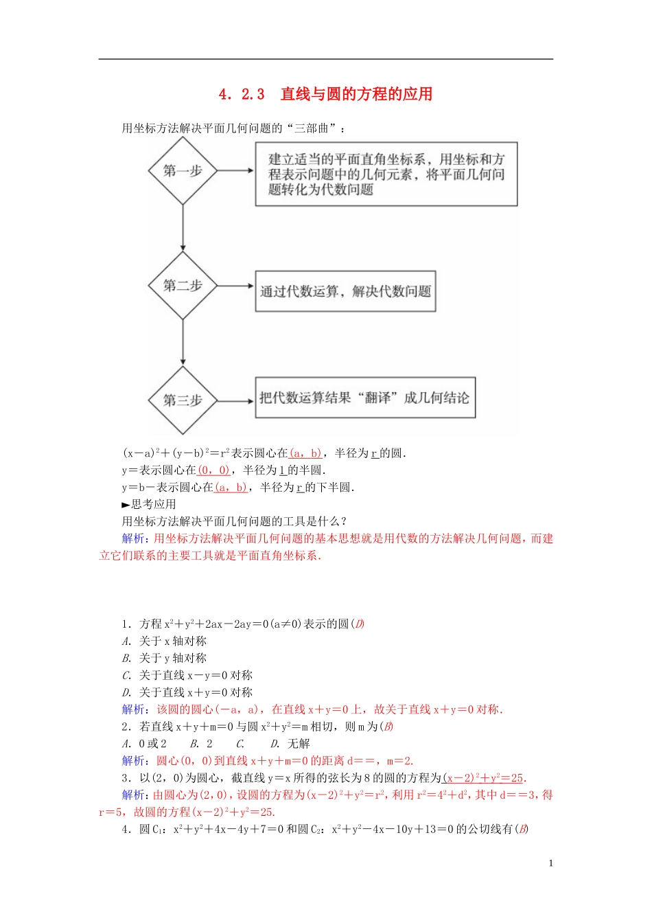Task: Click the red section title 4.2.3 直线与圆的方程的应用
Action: pyautogui.click(x=325, y=94)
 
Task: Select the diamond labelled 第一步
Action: pyautogui.click(x=183, y=170)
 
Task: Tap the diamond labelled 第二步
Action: pyautogui.click(x=183, y=286)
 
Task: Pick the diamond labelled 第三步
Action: pyautogui.click(x=183, y=400)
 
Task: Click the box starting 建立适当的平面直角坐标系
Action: pyautogui.click(x=386, y=174)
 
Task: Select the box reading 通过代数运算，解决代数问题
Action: pyautogui.click(x=345, y=291)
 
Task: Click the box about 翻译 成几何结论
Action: pyautogui.click(x=364, y=398)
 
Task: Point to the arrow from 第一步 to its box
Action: pyautogui.click(x=235, y=170)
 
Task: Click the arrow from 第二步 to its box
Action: pyautogui.click(x=235, y=286)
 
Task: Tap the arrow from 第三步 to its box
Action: pyautogui.click(x=235, y=400)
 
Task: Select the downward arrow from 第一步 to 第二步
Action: pyautogui.click(x=183, y=228)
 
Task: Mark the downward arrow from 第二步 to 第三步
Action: pyautogui.click(x=183, y=343)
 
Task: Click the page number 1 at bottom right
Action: pyautogui.click(x=550, y=863)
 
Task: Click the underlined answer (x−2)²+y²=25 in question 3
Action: pyautogui.click(x=483, y=778)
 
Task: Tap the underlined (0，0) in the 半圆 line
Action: pyautogui.click(x=213, y=470)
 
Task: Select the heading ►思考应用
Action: pyautogui.click(x=149, y=504)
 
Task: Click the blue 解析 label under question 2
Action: pyautogui.click(x=133, y=761)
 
